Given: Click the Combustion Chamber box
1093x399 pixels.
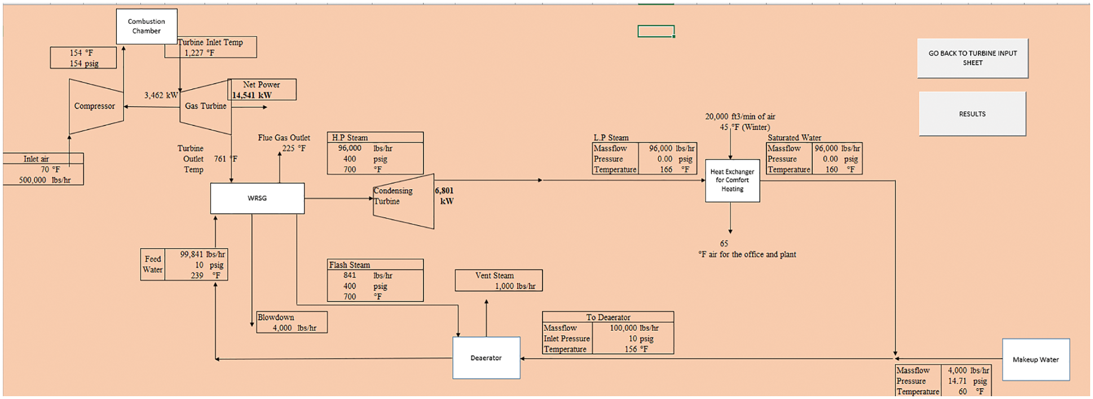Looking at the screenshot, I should click(x=147, y=27).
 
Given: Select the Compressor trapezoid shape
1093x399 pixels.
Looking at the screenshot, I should click(x=95, y=106).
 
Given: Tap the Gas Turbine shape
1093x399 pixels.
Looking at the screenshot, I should click(x=205, y=106).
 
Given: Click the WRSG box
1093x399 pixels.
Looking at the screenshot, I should click(x=257, y=198).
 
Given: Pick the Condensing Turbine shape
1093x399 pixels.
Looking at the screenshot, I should click(x=403, y=200).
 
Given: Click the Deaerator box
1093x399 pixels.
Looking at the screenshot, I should click(x=486, y=358).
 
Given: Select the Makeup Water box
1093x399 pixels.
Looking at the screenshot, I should click(x=1035, y=359).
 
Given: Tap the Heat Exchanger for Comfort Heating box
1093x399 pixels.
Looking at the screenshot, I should click(x=732, y=181).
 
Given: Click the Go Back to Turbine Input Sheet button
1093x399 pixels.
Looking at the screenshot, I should click(x=972, y=58).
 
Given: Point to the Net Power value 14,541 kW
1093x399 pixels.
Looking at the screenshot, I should click(x=252, y=95).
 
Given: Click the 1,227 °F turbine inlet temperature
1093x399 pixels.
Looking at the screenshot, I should click(x=199, y=53).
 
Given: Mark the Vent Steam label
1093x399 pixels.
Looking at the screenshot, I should click(x=494, y=275).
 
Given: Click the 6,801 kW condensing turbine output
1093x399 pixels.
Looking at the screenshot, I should click(x=444, y=196).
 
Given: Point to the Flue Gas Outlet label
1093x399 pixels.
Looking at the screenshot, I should click(x=284, y=138).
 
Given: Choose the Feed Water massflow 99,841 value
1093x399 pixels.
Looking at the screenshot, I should click(x=192, y=255).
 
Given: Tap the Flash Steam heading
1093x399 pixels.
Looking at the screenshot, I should click(x=350, y=265).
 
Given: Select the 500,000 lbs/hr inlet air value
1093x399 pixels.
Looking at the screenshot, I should click(x=45, y=180).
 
